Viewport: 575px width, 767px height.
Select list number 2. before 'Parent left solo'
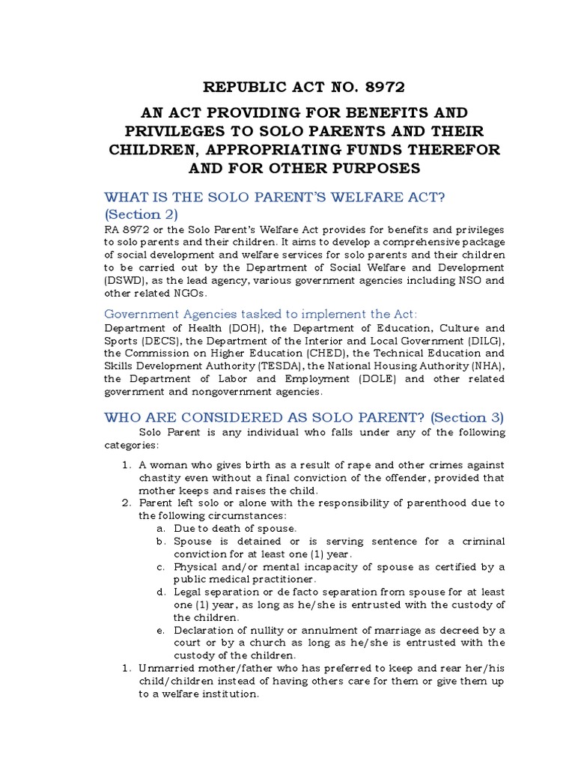tap(127, 503)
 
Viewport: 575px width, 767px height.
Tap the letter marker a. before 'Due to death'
tap(160, 528)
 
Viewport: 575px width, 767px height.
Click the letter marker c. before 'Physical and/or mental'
tap(160, 566)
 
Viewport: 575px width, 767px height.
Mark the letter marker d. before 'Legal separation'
tap(160, 592)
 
